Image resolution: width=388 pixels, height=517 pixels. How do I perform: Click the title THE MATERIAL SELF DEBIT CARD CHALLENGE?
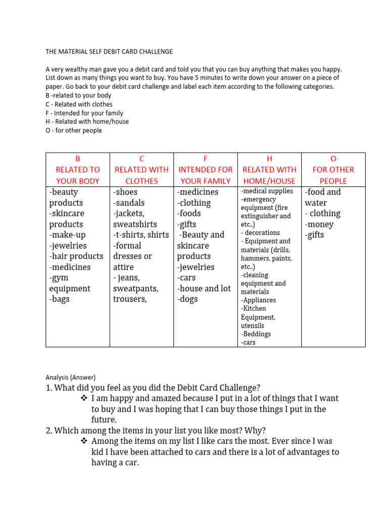[109, 51]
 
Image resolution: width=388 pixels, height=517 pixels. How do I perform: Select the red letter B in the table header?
[77, 159]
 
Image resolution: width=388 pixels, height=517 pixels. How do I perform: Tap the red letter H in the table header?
[269, 159]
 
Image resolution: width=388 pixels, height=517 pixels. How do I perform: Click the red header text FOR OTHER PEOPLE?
[333, 175]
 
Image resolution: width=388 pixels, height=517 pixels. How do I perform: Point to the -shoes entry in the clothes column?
[125, 192]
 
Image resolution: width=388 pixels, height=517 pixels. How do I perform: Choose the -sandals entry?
[129, 203]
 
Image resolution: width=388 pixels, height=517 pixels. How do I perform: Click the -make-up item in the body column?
[68, 235]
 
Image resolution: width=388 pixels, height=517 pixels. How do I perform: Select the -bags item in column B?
[60, 299]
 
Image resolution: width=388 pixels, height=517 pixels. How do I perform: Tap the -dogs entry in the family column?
[187, 299]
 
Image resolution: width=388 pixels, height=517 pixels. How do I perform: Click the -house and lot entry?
[204, 288]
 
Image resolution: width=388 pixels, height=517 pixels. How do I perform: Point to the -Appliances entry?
[259, 300]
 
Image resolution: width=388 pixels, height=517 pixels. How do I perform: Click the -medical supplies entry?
[267, 191]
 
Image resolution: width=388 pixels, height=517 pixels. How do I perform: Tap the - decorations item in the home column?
[261, 233]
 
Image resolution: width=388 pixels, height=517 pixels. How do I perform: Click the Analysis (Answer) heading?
[70, 377]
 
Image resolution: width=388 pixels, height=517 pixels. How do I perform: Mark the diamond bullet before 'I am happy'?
[84, 398]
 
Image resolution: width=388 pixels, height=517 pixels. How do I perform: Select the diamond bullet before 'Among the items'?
[84, 441]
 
